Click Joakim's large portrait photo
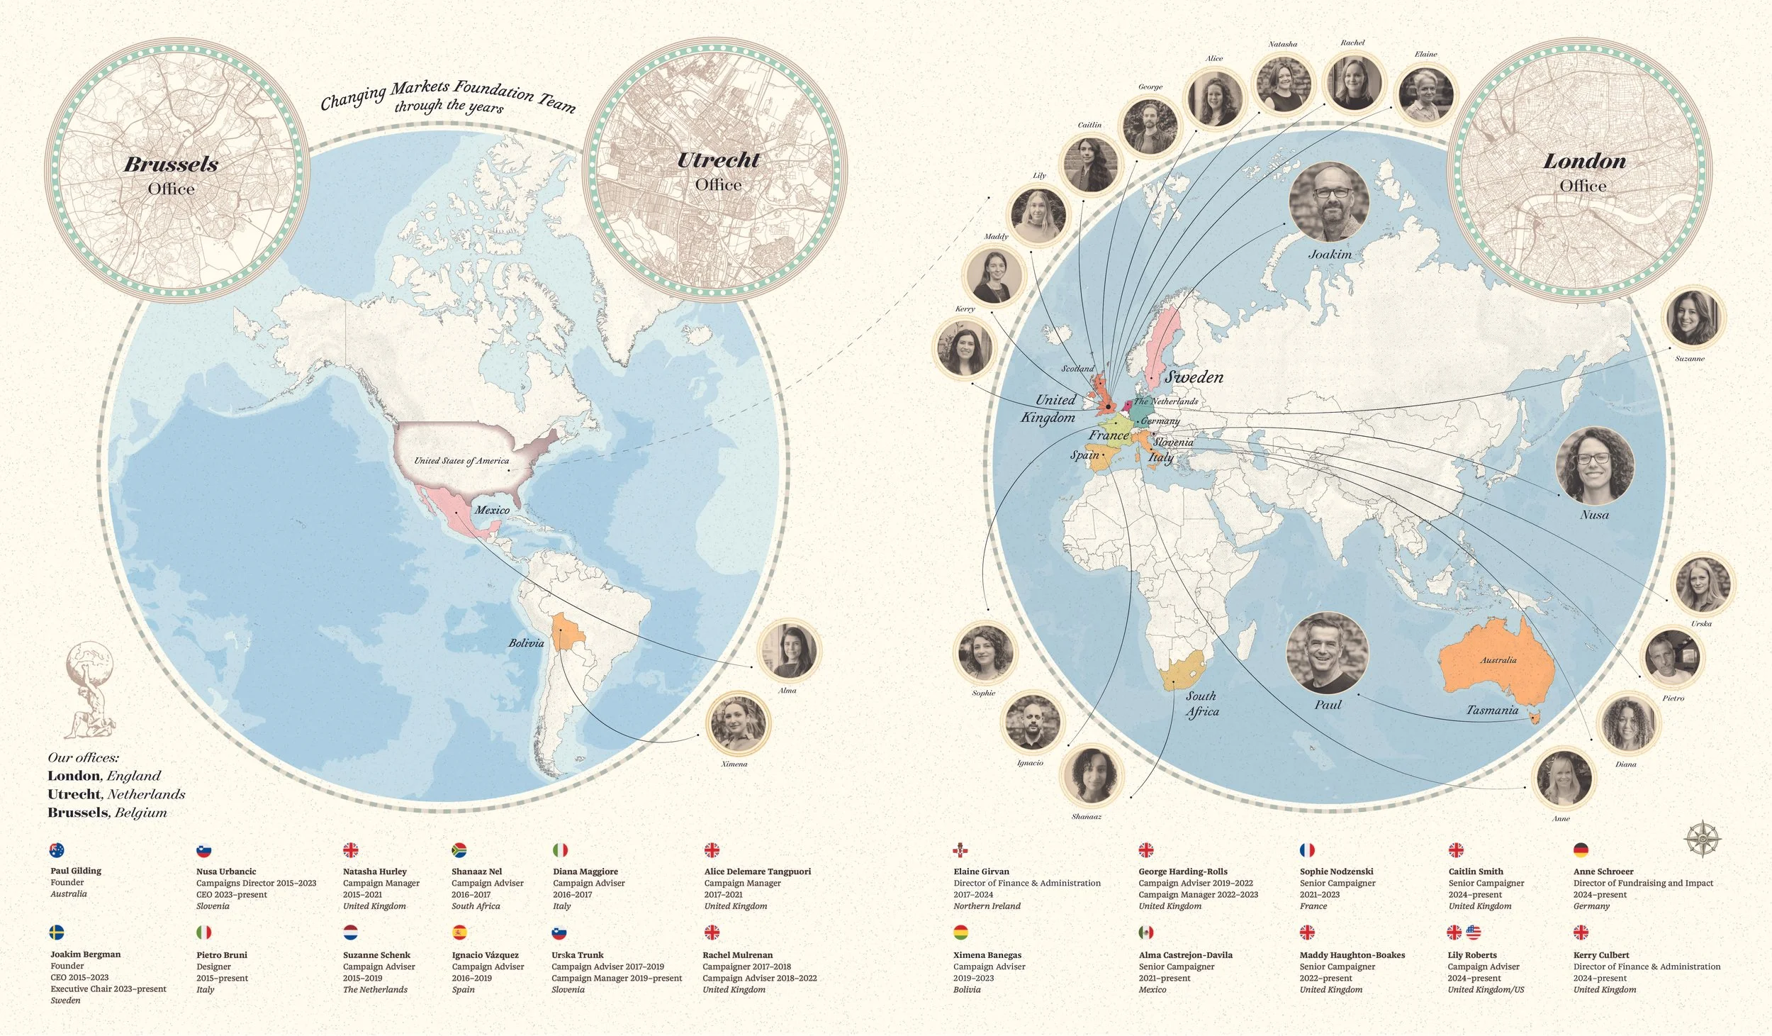1328,203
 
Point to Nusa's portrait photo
1594,466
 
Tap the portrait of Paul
1327,653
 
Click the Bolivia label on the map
526,643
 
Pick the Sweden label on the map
1194,377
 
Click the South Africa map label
1201,703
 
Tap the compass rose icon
1701,839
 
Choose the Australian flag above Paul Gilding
57,850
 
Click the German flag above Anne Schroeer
1581,850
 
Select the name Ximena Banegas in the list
987,955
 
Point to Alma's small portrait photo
787,650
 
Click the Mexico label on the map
492,510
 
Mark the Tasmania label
1492,710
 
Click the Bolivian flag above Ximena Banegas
961,932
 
